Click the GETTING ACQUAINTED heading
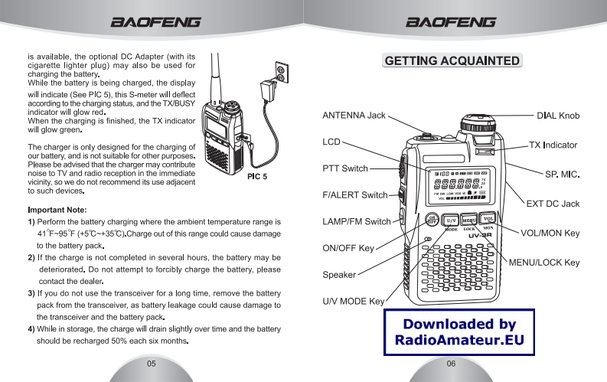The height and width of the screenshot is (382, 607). [453, 60]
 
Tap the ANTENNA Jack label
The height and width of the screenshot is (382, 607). [354, 116]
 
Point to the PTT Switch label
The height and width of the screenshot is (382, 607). [345, 168]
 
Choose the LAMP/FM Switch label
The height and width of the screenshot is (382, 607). [357, 222]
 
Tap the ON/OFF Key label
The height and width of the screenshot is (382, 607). [348, 248]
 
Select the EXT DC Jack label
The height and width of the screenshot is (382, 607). [553, 204]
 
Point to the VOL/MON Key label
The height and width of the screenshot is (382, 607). [550, 233]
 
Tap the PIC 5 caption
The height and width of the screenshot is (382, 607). [256, 177]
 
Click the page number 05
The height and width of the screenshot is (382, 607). [151, 363]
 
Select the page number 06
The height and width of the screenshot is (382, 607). [452, 363]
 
